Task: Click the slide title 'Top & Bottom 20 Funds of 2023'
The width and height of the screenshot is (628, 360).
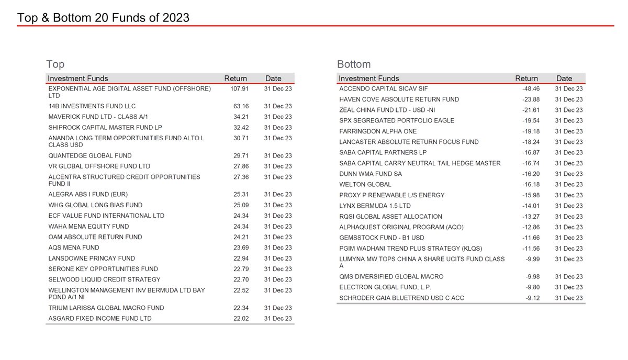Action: (x=103, y=18)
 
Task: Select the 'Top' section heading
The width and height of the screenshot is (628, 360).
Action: (x=55, y=64)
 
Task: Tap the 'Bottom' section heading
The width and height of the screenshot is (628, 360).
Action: (x=354, y=64)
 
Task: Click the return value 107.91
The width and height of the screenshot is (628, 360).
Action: (x=239, y=89)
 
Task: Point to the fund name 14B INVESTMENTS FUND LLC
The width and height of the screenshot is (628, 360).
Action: (x=92, y=106)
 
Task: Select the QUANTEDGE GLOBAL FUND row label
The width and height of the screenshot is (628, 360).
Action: (x=89, y=155)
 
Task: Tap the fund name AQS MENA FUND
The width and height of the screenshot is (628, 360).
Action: (x=73, y=248)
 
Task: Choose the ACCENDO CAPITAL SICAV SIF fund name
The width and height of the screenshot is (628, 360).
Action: (x=384, y=89)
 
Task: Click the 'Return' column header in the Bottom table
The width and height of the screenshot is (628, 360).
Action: (x=526, y=78)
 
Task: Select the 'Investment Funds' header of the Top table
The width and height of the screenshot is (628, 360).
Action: (x=78, y=78)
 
